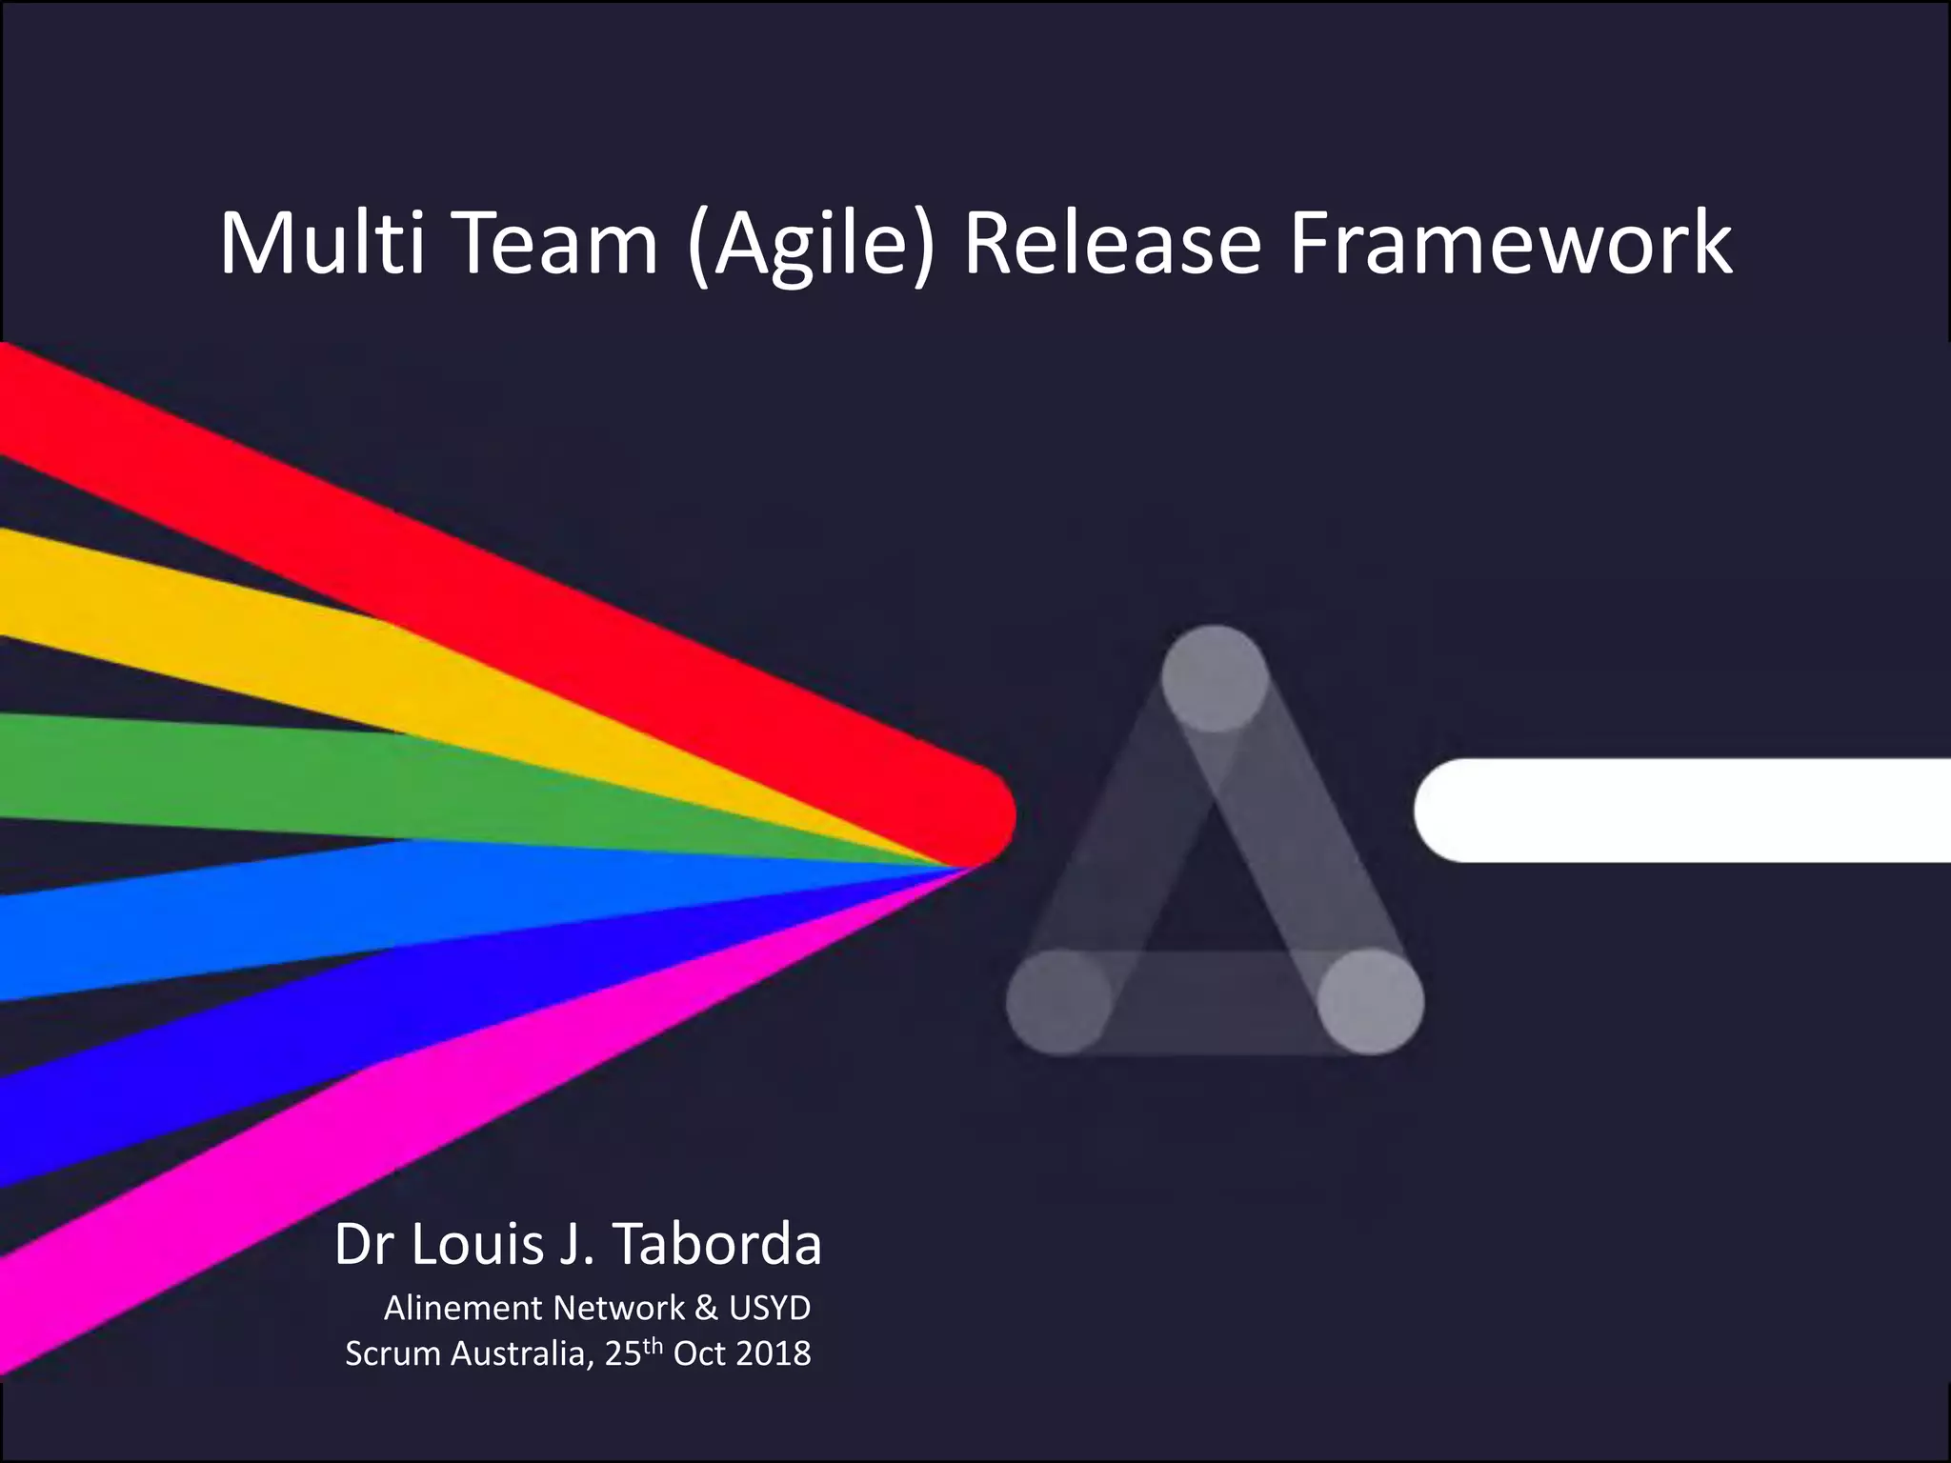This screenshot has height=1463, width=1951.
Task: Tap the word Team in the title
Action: [x=559, y=244]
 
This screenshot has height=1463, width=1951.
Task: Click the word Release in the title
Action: [x=1112, y=244]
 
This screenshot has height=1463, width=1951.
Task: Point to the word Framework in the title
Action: [x=1511, y=244]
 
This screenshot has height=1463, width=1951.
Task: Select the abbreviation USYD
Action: [x=770, y=1308]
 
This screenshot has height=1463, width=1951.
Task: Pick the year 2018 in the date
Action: [x=773, y=1353]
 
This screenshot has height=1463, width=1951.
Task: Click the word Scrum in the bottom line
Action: [x=393, y=1353]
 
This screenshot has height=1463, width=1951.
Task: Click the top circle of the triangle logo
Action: [x=1215, y=678]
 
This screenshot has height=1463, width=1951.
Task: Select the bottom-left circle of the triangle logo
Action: [x=1059, y=1002]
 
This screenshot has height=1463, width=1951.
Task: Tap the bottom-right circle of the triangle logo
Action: [x=1371, y=1002]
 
